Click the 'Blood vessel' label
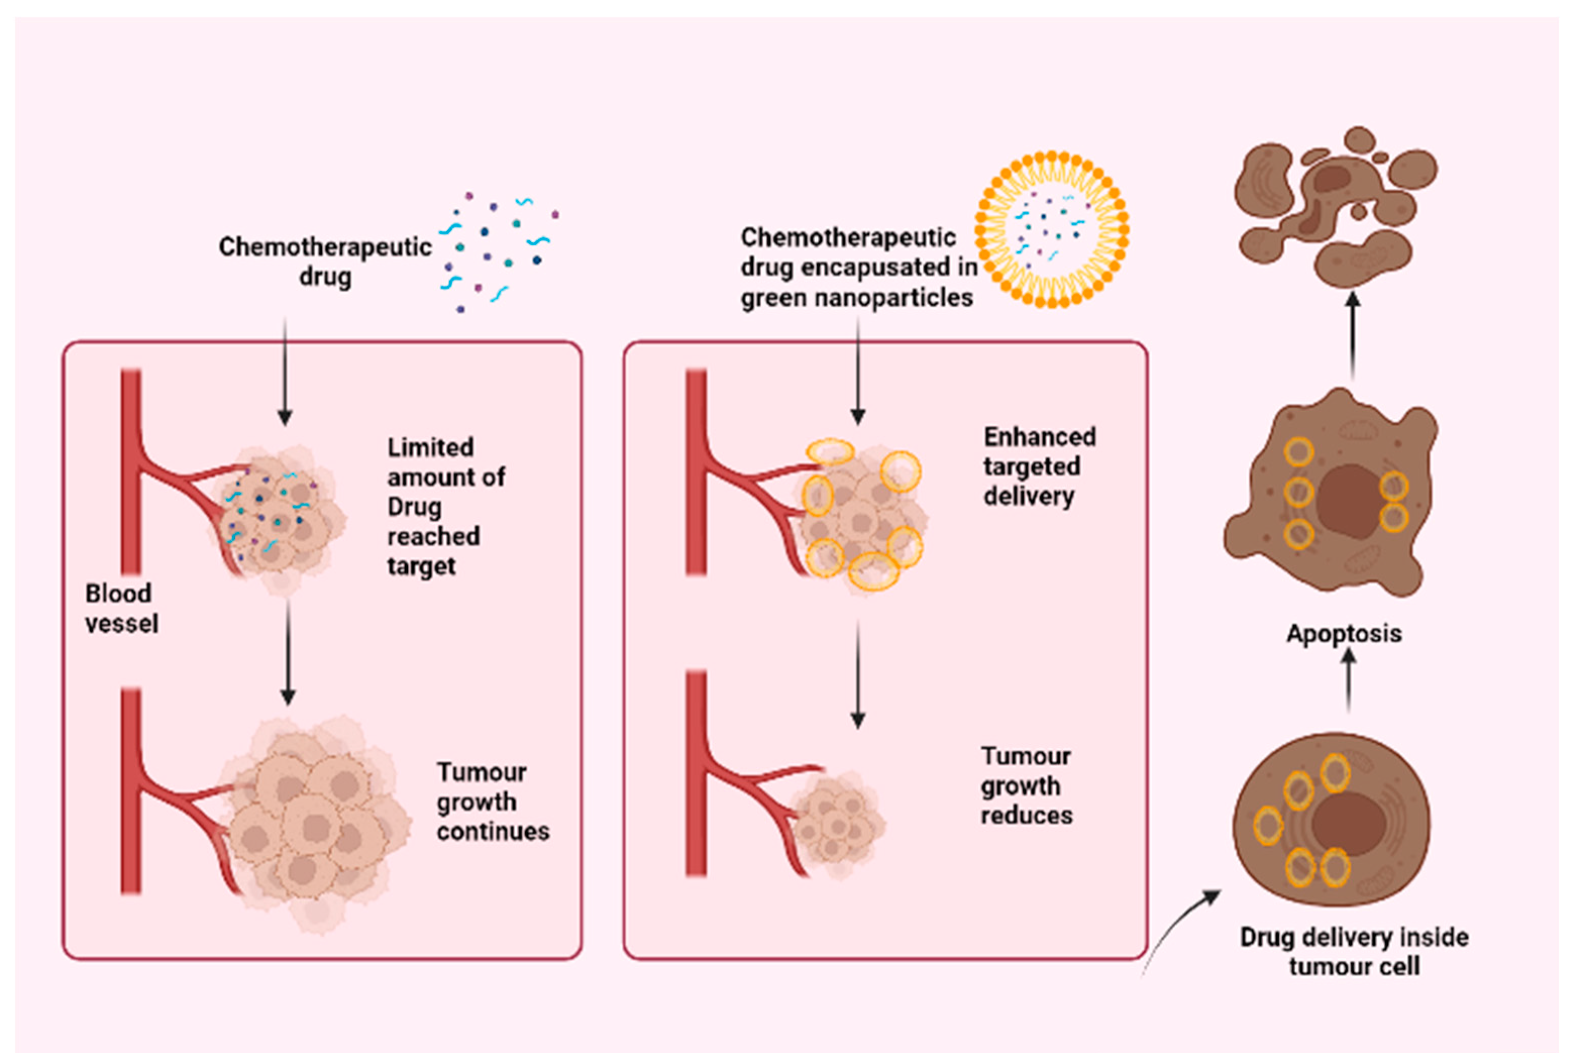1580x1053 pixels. tap(122, 608)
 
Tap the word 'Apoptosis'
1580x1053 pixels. tap(1344, 634)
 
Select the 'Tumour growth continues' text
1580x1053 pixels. tap(493, 802)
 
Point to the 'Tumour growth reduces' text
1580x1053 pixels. tap(1026, 786)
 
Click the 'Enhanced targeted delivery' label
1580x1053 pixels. tap(1040, 467)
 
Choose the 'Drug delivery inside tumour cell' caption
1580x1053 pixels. tap(1354, 952)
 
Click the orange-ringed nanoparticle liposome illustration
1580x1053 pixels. tap(1051, 230)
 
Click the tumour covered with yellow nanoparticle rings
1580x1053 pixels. tap(863, 514)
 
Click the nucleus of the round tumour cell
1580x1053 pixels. tap(1349, 823)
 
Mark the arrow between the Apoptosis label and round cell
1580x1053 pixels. tap(1348, 681)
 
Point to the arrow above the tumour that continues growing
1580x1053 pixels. tap(288, 652)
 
